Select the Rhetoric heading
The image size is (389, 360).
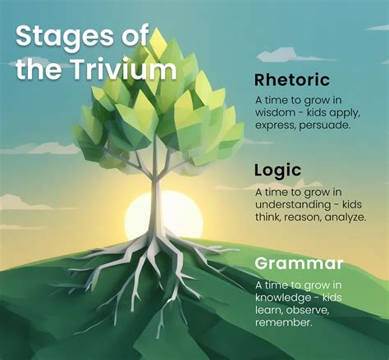(x=292, y=80)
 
